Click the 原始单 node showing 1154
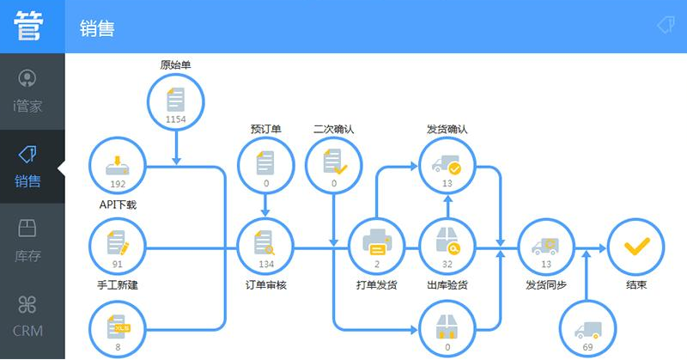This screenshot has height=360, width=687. pyautogui.click(x=176, y=102)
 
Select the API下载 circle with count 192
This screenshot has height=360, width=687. pyautogui.click(x=118, y=166)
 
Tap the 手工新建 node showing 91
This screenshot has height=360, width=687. pyautogui.click(x=118, y=247)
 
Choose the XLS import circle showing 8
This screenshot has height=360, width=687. pyautogui.click(x=118, y=329)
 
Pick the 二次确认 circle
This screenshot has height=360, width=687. pyautogui.click(x=334, y=166)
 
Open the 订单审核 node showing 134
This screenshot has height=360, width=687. pyautogui.click(x=265, y=247)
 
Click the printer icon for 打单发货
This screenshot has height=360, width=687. pyautogui.click(x=377, y=242)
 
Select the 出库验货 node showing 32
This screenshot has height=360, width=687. pyautogui.click(x=447, y=247)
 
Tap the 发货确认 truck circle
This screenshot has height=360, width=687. pyautogui.click(x=447, y=166)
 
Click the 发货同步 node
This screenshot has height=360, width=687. pyautogui.click(x=546, y=247)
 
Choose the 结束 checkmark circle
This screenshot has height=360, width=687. pyautogui.click(x=636, y=247)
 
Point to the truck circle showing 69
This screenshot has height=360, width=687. pyautogui.click(x=587, y=329)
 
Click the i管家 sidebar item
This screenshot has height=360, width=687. pyautogui.click(x=27, y=91)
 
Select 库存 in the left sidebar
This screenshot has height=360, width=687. pyautogui.click(x=27, y=241)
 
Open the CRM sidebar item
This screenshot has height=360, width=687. pyautogui.click(x=27, y=316)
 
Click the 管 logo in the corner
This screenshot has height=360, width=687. pyautogui.click(x=29, y=26)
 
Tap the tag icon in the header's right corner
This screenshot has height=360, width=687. pyautogui.click(x=666, y=25)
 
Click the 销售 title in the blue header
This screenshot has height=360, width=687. pyautogui.click(x=97, y=29)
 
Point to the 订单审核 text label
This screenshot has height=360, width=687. pyautogui.click(x=265, y=285)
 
